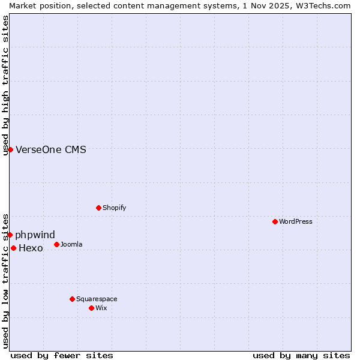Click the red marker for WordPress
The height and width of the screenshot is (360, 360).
(275, 221)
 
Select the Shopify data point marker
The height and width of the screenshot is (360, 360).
(98, 208)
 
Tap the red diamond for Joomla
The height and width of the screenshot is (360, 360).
(56, 244)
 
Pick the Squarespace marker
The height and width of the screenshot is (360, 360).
(72, 299)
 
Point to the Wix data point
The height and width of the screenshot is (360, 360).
(91, 308)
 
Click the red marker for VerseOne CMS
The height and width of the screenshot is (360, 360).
(10, 149)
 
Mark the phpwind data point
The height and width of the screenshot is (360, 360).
(10, 235)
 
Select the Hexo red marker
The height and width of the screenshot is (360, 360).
(13, 248)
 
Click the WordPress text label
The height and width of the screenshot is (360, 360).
(296, 221)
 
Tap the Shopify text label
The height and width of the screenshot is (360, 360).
(114, 208)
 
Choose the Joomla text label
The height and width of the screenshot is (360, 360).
(71, 244)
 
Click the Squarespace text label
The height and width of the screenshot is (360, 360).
(97, 299)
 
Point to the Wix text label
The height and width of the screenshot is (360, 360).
(101, 308)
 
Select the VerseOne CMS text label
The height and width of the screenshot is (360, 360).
(51, 149)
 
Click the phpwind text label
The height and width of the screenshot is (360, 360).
(35, 235)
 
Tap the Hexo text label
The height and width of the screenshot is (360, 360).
(31, 248)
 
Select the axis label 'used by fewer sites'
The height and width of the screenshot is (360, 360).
(62, 355)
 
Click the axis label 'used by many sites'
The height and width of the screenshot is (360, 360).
(301, 355)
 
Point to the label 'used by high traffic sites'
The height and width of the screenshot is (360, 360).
(5, 85)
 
